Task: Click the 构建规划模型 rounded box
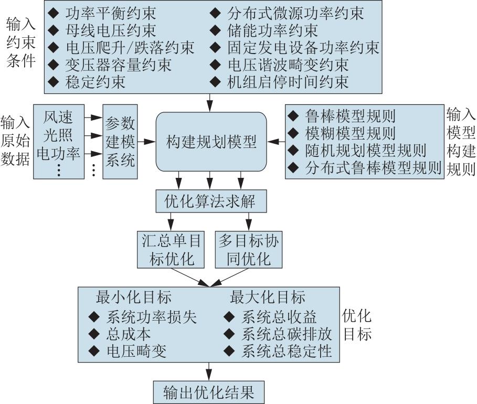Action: click(211, 142)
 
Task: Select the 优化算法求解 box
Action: click(211, 201)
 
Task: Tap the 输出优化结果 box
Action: click(209, 392)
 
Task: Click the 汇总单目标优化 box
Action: click(171, 250)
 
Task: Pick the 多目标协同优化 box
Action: click(249, 250)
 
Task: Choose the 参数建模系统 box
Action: click(120, 142)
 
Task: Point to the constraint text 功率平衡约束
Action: click(111, 13)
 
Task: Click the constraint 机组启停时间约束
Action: click(288, 82)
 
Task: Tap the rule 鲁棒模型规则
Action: click(351, 116)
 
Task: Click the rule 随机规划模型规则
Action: click(366, 150)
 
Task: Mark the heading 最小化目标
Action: click(134, 297)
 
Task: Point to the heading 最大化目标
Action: click(268, 297)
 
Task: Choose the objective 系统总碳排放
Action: click(287, 334)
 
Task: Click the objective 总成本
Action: click(129, 334)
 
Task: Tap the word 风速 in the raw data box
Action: click(58, 117)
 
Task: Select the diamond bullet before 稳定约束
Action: click(54, 82)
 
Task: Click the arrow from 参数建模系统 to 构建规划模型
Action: click(146, 142)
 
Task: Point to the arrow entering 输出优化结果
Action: click(209, 371)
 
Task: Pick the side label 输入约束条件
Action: click(20, 42)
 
